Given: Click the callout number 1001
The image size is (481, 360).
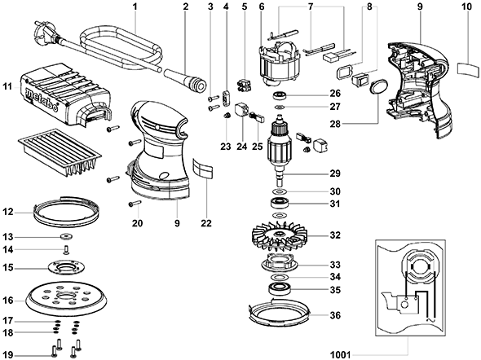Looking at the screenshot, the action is coord(340,355).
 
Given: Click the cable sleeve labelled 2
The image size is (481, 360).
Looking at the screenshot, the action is coord(185,81).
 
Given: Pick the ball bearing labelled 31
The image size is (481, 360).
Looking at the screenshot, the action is coord(279,203).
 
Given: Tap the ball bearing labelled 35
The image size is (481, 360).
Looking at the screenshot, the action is coord(278,289).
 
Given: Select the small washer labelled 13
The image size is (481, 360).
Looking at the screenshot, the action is coord(66,237).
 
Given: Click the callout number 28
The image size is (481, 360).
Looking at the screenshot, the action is coord(335,125).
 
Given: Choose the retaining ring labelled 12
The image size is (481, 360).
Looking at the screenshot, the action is coord(66,210).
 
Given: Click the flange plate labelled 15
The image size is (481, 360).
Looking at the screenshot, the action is coord(66,267).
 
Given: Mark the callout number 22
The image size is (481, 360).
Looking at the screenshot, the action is coord(206,223).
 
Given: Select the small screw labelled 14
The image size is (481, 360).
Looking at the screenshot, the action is coord(66,250).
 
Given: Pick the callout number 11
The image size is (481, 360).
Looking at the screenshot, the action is coord(7,86).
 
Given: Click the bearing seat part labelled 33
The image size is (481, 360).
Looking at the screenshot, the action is coord(279,262).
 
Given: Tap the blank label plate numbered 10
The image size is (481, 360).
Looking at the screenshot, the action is coord(468,68).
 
